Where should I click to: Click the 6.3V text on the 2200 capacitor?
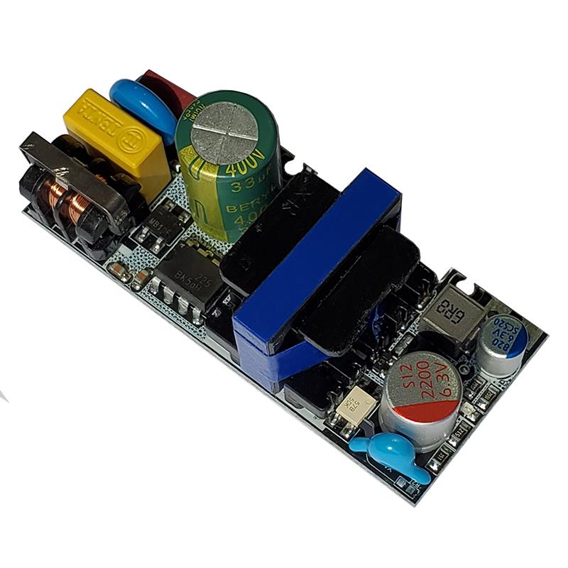(x=447, y=387)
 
